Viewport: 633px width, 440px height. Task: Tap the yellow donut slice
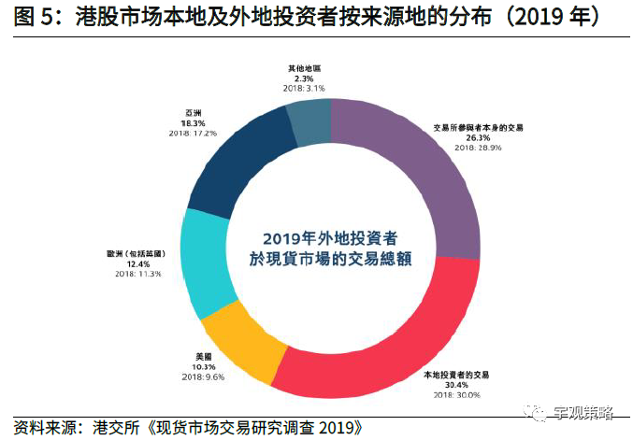[241, 344]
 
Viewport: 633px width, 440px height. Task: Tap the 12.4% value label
[138, 263]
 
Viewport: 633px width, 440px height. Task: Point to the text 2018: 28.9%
[478, 148]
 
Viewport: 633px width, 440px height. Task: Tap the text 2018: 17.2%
[194, 133]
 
